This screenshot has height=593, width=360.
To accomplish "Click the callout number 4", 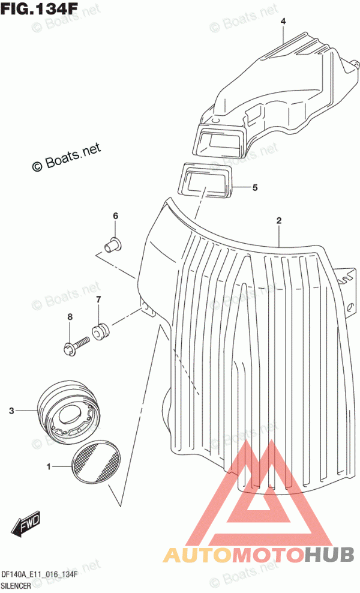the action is [283, 22].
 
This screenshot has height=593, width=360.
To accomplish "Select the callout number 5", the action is [255, 187].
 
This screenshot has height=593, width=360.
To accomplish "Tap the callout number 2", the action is [278, 220].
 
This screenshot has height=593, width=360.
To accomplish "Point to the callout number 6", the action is [115, 216].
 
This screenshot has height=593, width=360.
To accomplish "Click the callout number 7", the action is [98, 300].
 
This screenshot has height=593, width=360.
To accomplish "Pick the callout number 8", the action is [70, 317].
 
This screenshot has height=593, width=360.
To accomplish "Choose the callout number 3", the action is [11, 411].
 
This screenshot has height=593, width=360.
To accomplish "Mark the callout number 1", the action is [49, 467].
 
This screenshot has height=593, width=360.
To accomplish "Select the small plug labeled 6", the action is [113, 244].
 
